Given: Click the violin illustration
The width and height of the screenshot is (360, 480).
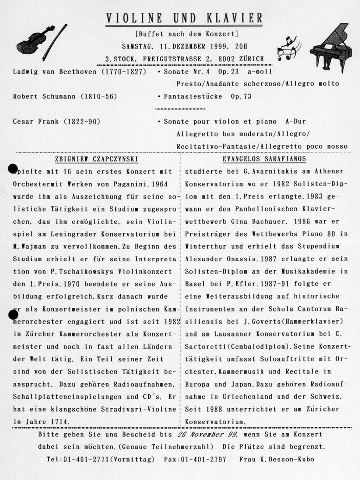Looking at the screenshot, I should click(35, 40).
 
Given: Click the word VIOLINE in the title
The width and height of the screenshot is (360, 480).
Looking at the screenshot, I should click(134, 19).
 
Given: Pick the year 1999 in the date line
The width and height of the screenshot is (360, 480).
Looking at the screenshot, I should click(208, 46).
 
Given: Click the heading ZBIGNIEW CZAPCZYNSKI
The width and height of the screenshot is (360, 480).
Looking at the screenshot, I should click(90, 159).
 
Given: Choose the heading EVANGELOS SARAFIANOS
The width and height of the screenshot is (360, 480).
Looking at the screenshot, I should click(264, 159).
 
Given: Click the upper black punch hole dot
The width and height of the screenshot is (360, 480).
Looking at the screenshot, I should click(13, 169).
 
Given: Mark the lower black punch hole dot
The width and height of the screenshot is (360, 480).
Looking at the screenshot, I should click(13, 315).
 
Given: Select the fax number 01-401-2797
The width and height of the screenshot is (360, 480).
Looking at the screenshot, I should click(202, 460).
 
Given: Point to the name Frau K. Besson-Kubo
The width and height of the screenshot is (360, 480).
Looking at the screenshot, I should click(277, 460).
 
